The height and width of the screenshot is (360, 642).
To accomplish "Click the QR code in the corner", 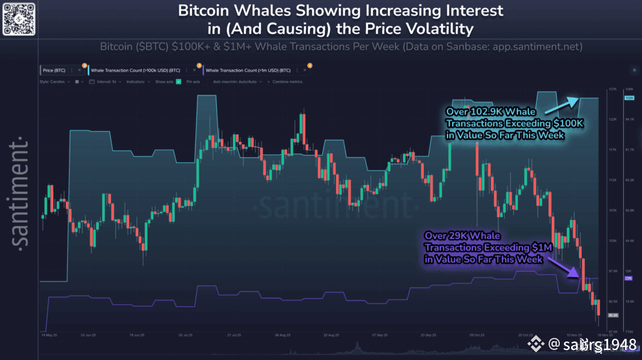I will pyautogui.click(x=18, y=18).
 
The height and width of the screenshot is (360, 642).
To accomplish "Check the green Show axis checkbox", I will pyautogui.click(x=179, y=82).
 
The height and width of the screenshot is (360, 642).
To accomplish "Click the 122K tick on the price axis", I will pyautogui.click(x=613, y=119).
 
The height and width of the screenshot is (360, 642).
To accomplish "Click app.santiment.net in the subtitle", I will pyautogui.click(x=538, y=47).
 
